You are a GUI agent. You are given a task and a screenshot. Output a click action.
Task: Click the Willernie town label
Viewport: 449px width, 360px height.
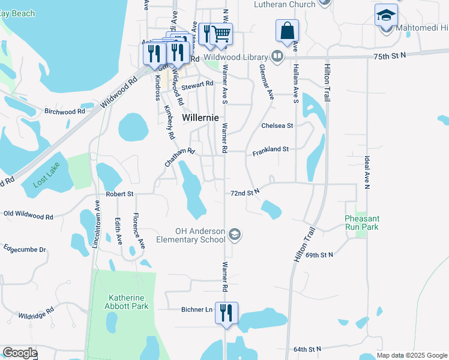pos(200,118)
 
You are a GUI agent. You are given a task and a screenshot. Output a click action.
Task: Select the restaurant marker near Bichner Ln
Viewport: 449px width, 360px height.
pos(226,313)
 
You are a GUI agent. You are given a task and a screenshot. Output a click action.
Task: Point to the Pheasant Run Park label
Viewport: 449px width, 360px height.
pos(361,223)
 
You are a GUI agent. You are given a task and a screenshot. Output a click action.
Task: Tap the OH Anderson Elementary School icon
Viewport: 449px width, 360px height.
pos(235,235)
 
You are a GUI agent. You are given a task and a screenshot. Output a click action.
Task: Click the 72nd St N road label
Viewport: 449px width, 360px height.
pos(245,193)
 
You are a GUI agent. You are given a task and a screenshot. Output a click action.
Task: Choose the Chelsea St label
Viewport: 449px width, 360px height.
pos(277,126)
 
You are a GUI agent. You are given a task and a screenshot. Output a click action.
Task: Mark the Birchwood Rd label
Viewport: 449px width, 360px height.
pos(64,112)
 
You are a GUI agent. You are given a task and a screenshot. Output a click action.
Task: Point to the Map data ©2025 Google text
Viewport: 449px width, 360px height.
pos(412,355)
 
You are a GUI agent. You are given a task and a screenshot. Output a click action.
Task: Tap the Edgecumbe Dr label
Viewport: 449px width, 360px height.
pos(25,248)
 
